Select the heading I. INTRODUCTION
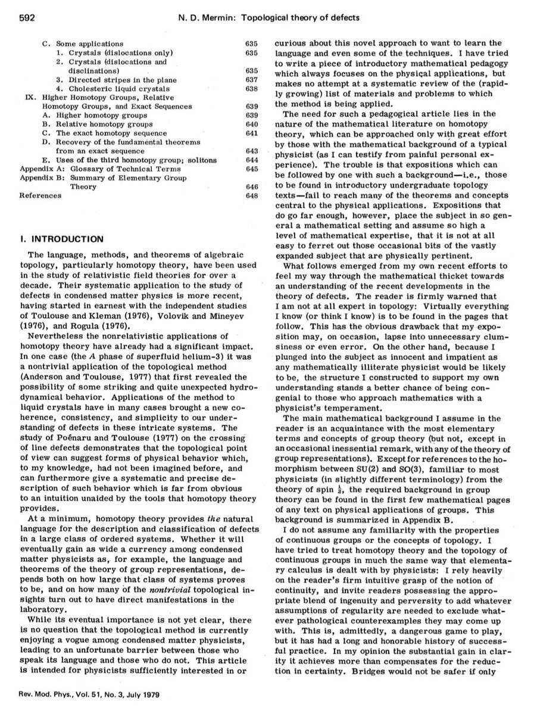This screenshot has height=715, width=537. pyautogui.click(x=62, y=240)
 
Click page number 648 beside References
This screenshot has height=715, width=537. pyautogui.click(x=251, y=195)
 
